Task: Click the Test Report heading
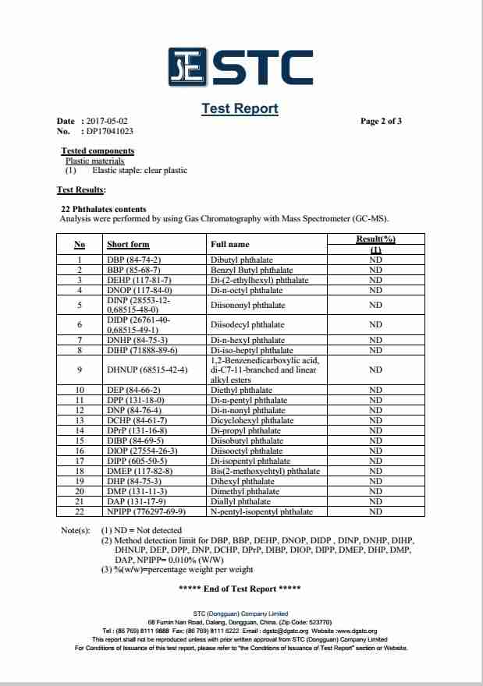click(x=240, y=108)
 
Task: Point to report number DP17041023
click(x=110, y=132)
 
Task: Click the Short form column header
click(x=127, y=245)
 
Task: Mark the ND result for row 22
click(x=375, y=512)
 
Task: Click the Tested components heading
click(x=98, y=151)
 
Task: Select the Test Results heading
click(x=81, y=189)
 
